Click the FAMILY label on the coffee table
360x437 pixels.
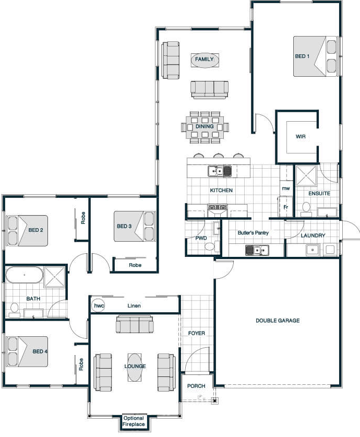pos(205,59)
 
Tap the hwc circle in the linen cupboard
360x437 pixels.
pos(98,306)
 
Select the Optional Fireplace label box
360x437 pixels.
pos(134,421)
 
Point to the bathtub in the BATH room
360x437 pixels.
pos(24,275)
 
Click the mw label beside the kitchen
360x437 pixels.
pos(286,188)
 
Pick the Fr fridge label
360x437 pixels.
pos(286,207)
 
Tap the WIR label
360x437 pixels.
pos(301,137)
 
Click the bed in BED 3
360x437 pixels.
pos(135,226)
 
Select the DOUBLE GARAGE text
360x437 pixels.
pos(278,321)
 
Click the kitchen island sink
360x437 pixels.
pos(220,171)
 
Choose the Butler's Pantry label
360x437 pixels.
pos(253,232)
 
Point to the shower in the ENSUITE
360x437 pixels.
pos(306,175)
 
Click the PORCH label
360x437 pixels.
pos(196,386)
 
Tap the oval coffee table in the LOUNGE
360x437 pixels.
pos(135,367)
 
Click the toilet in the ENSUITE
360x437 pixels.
pos(306,209)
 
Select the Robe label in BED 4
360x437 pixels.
pos(81,364)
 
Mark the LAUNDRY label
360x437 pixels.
pos(313,235)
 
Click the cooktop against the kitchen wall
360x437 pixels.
pos(218,207)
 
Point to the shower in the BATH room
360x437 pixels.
pos(55,277)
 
